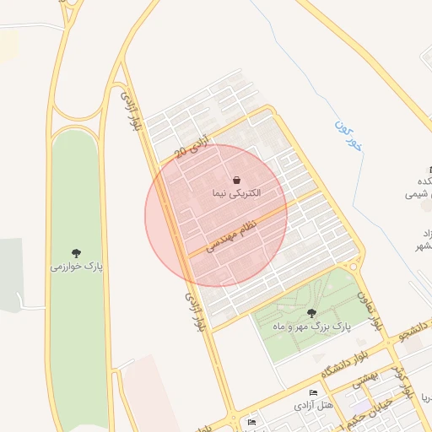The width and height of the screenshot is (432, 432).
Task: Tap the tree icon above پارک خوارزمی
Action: tap(76, 252)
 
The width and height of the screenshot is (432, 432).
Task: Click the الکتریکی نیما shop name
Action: tap(237, 193)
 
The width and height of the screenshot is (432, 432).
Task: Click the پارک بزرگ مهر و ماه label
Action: tap(310, 325)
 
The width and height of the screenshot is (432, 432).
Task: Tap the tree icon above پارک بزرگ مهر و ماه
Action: tap(311, 313)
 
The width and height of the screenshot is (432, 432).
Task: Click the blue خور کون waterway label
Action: tap(346, 135)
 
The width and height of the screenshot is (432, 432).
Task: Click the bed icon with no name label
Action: tap(251, 421)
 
